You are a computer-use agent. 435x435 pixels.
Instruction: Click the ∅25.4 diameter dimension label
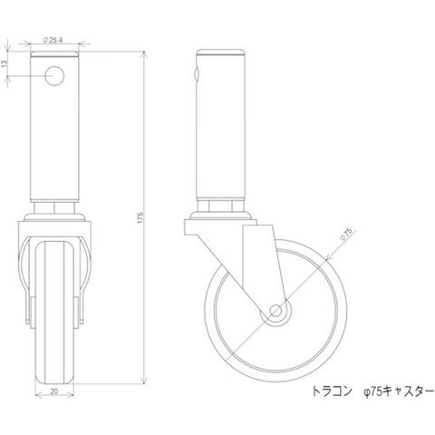click(x=53, y=40)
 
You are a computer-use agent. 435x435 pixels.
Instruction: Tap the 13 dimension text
click(x=5, y=63)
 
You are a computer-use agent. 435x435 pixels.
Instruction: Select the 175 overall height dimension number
click(x=140, y=217)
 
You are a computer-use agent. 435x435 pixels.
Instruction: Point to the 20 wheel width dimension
click(x=54, y=391)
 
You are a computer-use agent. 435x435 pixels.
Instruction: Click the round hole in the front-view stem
click(x=54, y=75)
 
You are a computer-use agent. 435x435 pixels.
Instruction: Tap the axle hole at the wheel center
click(x=275, y=310)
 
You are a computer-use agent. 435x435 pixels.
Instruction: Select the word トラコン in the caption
click(x=332, y=392)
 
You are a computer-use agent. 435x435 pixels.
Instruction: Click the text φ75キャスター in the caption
click(x=399, y=392)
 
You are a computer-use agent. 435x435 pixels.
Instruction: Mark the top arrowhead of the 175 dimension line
click(x=145, y=54)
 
